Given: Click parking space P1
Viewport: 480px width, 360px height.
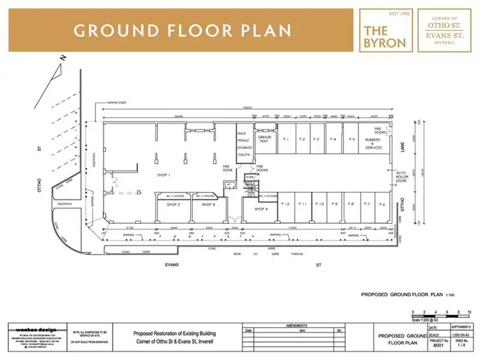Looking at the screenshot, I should click(286, 139).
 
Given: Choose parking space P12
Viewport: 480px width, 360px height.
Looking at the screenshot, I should click(286, 204).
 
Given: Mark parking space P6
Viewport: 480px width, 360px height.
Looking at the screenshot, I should click(382, 204).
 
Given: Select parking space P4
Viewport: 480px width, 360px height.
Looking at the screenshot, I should click(333, 139).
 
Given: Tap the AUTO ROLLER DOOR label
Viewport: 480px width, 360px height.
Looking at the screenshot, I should click(402, 176).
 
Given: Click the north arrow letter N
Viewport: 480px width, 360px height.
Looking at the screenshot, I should click(62, 58).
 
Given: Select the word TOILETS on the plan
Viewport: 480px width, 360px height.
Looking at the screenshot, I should click(244, 154).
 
